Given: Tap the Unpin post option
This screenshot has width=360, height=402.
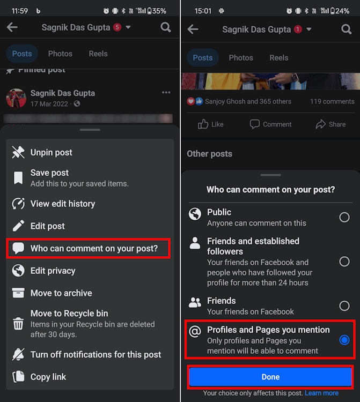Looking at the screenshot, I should coord(51,153).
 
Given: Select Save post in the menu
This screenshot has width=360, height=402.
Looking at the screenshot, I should coord(49,173).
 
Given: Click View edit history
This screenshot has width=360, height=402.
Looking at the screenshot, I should coord(62,204).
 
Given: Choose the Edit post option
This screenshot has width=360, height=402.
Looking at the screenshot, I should coord(47,226).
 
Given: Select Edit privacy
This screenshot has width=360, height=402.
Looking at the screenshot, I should coord(53,271).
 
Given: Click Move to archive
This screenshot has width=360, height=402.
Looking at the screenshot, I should coord(61,293).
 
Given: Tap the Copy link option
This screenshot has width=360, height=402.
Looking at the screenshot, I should coord(48,377).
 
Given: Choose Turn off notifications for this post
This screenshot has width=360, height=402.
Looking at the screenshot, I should coord(95,354).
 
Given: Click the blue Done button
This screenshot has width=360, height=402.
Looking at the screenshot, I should coord(270,377).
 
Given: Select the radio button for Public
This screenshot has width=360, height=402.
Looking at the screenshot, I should coord(344,217).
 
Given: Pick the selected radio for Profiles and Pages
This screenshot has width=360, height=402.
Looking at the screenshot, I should coord(344,340).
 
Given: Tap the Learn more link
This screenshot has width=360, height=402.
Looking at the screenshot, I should coord(321,393).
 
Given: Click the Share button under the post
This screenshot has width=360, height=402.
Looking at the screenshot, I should coord(330,124).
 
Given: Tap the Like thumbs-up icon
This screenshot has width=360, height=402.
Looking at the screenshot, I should coord(203,124).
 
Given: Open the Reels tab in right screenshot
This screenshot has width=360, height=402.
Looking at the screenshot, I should coord(278,58).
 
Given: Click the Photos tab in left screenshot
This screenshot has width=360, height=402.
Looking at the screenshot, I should coord(60,54).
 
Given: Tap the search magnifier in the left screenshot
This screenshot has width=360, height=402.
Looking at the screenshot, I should coord(166,27).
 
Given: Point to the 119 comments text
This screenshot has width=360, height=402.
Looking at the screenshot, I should coord(332,101).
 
